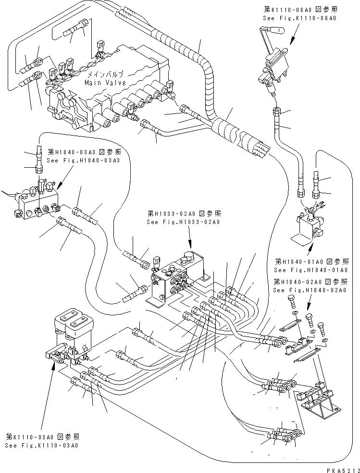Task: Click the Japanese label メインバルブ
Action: (x=105, y=75)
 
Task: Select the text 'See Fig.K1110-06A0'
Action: (x=299, y=18)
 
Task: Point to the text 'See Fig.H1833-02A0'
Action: (x=184, y=222)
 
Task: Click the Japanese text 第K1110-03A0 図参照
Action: (x=42, y=436)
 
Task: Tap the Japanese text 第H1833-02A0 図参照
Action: (x=184, y=214)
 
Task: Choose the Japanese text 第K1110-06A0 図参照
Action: (x=299, y=9)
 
